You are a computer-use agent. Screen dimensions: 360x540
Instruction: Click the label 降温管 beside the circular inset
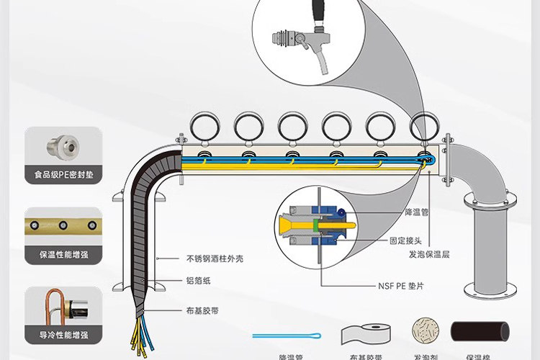coord(416,214)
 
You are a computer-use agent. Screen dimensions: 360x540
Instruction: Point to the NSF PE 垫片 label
coord(400,285)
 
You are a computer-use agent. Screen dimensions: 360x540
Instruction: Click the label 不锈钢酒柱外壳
coord(212,258)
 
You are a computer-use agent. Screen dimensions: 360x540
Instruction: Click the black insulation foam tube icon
coord(480,332)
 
